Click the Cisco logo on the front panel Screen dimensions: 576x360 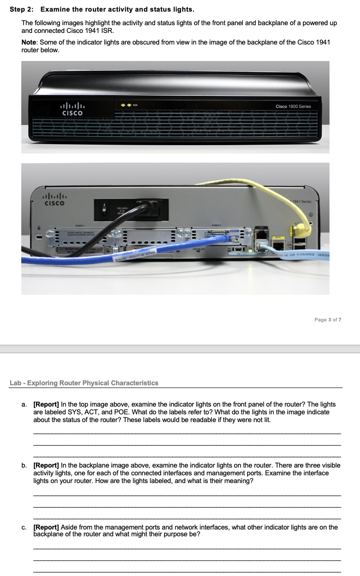coord(72,109)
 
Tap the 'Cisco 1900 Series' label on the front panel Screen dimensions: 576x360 coord(293,106)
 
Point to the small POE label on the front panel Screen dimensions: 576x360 coord(135,104)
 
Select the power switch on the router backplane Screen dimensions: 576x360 coord(103,209)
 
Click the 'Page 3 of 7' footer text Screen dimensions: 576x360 coord(328,320)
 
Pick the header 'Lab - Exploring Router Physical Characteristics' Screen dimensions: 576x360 coord(84,383)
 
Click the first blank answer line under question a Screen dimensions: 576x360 coord(187,432)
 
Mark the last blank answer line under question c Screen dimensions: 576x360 coord(187,572)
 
